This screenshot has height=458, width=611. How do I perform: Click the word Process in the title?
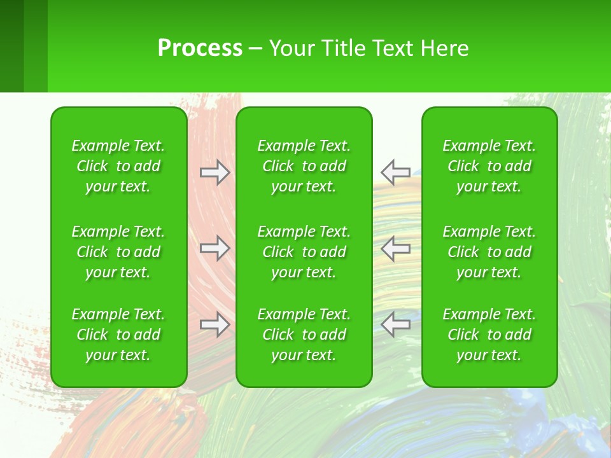200,48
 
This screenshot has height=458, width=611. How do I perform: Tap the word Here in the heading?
444,48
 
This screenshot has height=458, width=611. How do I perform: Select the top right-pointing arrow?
215,172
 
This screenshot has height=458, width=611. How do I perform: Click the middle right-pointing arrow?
215,248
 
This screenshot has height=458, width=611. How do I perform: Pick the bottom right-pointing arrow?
215,324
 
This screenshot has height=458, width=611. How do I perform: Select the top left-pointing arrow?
396,172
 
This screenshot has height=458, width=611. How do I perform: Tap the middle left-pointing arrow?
396,248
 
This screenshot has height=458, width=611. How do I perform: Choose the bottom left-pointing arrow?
396,324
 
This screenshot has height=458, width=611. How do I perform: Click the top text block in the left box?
118,166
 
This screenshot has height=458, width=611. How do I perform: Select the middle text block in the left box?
118,252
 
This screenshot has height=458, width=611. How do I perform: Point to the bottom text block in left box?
118,335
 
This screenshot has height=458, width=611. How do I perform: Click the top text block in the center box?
304,166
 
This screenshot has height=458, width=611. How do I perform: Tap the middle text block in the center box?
304,252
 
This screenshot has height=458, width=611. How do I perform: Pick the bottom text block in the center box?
304,335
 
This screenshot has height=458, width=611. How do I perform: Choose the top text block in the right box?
489,166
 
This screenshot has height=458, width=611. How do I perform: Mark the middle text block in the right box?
489,252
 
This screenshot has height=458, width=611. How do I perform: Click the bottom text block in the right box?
489,335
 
